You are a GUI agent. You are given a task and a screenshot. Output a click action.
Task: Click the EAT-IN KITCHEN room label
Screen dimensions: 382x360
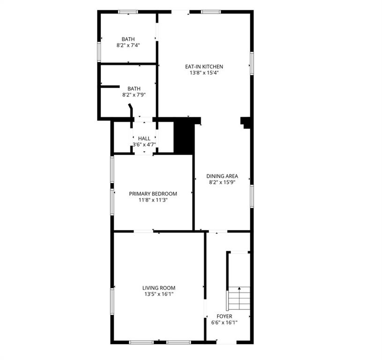coord(204,67)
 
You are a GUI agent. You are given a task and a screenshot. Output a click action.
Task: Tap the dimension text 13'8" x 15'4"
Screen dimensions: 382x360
coord(204,73)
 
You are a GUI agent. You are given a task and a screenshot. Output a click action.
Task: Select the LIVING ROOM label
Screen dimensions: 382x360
coord(159,288)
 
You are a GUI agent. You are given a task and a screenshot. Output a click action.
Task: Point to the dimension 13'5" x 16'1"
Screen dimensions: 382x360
coord(159,294)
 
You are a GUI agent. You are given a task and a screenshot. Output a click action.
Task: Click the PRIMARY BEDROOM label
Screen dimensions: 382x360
coord(153,194)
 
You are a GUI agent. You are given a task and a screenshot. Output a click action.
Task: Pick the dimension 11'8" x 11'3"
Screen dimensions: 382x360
coord(153,200)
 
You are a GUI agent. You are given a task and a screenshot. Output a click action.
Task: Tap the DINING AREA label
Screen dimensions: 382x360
coord(222,176)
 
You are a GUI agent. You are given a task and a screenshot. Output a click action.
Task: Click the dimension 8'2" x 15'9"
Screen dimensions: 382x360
coord(222,182)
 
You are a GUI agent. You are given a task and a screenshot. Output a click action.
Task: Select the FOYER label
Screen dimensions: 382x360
coord(225,316)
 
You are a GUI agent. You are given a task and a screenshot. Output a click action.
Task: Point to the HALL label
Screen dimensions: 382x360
coord(144,138)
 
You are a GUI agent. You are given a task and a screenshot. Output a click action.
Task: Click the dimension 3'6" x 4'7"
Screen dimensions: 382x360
coord(144,144)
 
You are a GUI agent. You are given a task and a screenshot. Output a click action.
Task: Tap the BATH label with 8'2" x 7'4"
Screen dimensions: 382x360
coord(128,39)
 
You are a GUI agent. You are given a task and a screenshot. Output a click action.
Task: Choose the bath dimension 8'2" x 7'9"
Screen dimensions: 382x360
coord(134,95)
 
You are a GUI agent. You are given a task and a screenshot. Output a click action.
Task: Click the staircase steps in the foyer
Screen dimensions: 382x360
coord(239,299)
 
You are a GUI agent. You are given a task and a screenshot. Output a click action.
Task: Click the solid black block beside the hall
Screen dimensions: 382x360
coord(184,138)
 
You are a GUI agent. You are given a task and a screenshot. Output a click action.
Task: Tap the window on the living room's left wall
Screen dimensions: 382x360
coord(112,301)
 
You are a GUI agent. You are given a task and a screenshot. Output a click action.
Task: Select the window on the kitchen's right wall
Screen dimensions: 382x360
coord(252,63)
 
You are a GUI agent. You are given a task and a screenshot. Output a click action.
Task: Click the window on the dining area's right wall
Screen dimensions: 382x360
coord(252,196)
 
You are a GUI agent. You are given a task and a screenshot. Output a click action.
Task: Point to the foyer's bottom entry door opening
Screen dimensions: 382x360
coord(226,342)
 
